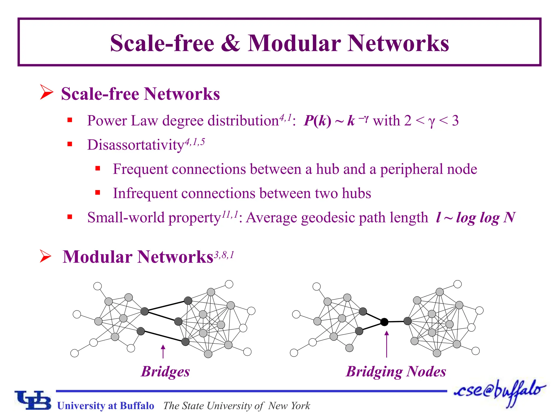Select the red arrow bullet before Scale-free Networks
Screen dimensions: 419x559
46,92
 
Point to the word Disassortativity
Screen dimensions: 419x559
136,145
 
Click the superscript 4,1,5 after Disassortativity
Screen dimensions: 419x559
195,142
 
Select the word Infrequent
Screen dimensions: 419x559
145,193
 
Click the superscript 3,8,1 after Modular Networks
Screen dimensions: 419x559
224,255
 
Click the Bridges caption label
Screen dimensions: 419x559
165,372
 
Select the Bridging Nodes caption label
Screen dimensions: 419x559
396,372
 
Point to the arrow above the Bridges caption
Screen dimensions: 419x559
163,351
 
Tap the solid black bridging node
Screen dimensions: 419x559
384,322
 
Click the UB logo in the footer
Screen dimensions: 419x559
33,400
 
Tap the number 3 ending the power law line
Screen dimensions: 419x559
455,121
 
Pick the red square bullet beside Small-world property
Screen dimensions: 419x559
70,217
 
